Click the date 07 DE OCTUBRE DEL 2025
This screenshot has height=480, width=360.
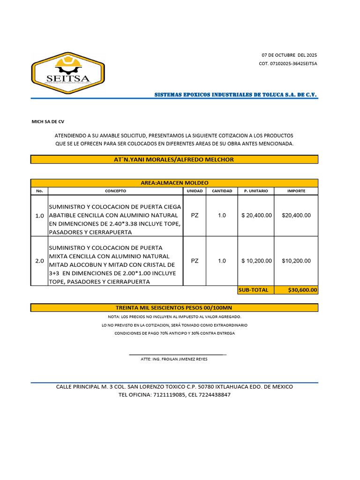(x=289, y=55)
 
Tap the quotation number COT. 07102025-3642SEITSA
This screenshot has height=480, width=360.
(x=288, y=64)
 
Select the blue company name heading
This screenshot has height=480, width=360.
(x=236, y=95)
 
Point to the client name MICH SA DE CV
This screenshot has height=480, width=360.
(x=48, y=121)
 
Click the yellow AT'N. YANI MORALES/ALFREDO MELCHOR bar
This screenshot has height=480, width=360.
(x=174, y=160)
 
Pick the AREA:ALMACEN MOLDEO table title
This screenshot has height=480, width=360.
(x=174, y=183)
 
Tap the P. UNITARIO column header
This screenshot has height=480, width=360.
(x=256, y=191)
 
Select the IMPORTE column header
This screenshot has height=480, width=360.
(x=296, y=191)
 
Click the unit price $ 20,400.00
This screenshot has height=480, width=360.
(x=256, y=216)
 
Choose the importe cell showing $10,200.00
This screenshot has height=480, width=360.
(x=296, y=261)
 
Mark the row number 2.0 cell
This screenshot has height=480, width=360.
(x=39, y=261)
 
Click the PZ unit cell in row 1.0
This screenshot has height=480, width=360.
(x=195, y=216)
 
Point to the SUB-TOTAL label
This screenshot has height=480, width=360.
(x=254, y=290)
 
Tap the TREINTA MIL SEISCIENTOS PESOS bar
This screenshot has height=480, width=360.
(x=174, y=308)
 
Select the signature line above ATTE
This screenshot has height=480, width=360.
(x=177, y=355)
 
